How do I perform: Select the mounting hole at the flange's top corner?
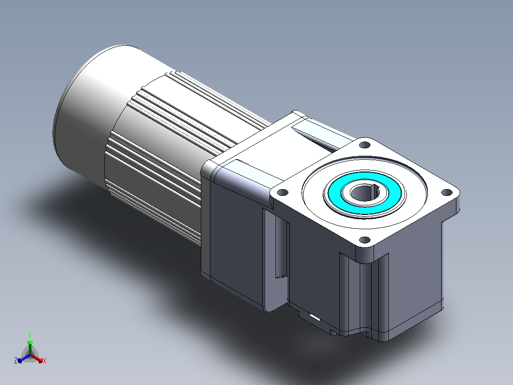click(x=365, y=144)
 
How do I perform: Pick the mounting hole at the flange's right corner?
click(x=446, y=192)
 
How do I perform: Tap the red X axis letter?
click(x=45, y=361)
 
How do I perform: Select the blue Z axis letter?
click(x=15, y=360)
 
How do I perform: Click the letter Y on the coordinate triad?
click(x=30, y=335)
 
